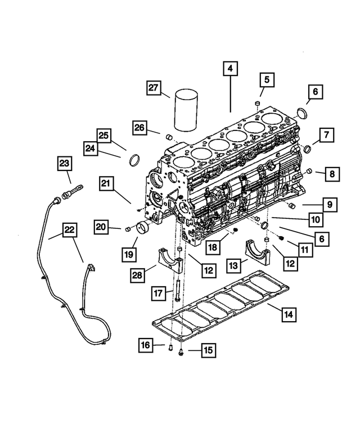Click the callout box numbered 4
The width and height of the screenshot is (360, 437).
[x=229, y=69]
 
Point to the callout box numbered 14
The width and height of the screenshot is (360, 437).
[x=289, y=315]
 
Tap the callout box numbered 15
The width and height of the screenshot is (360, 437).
[x=208, y=350]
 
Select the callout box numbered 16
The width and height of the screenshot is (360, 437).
[x=146, y=345]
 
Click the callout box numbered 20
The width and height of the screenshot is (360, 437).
[x=101, y=227]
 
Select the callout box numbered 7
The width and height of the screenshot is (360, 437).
[x=326, y=135]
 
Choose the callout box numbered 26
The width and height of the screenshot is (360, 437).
[x=140, y=128]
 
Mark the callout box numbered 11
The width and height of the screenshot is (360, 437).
[x=305, y=248]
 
